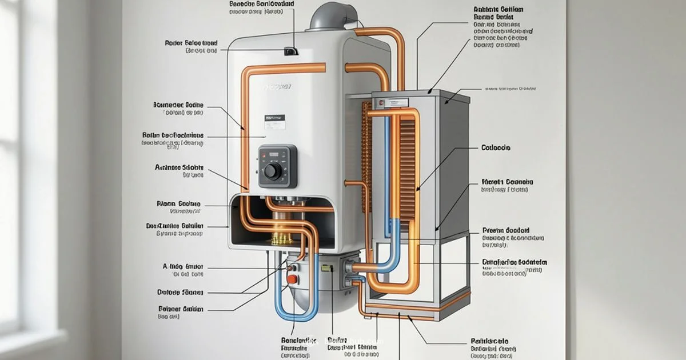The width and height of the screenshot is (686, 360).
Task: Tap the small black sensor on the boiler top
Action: click(290, 51)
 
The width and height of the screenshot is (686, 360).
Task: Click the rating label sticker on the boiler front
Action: click(274, 121)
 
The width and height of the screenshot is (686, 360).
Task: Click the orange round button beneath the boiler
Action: click(292, 279)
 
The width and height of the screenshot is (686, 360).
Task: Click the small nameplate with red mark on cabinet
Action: click(380, 103)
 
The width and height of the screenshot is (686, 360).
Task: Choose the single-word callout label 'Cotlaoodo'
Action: click(496, 147)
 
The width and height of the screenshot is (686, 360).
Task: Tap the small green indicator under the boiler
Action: click(327, 267)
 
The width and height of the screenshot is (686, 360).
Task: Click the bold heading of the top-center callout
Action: click(262, 4)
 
